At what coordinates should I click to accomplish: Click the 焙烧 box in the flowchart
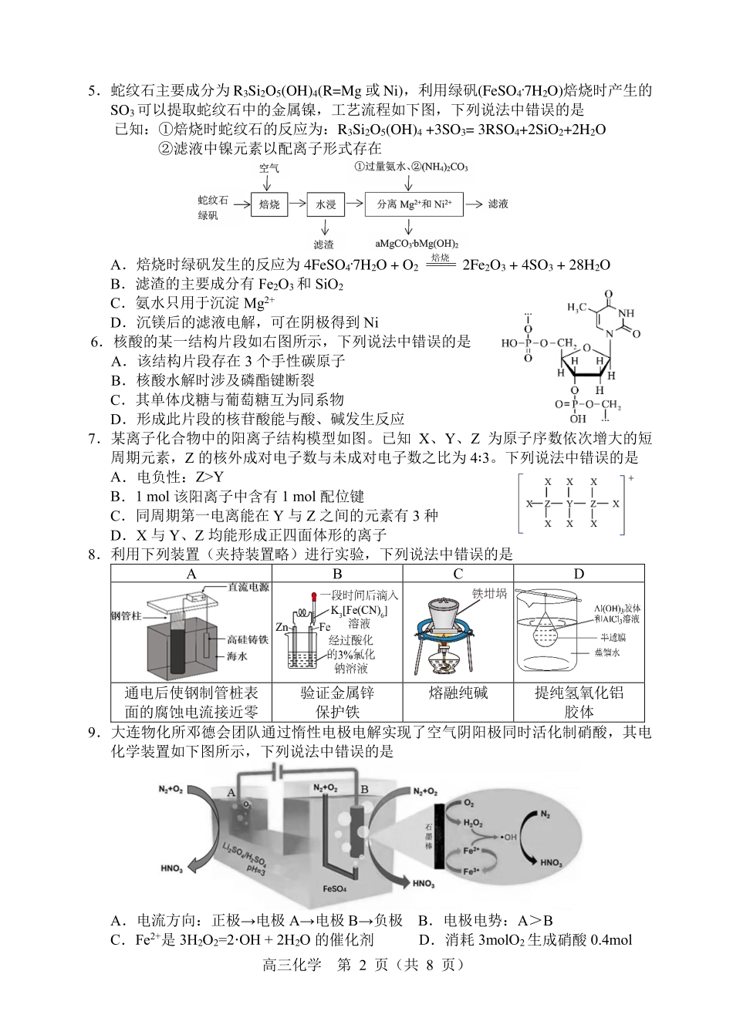[269, 204]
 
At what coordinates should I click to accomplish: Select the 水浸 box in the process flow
[326, 204]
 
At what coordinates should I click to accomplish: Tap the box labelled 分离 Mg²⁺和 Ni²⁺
[414, 204]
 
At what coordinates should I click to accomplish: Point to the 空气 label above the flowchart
[269, 167]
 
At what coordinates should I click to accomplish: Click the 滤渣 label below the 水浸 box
[323, 244]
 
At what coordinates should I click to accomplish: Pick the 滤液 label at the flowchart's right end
[498, 204]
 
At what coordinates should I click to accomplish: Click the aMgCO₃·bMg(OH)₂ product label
[417, 244]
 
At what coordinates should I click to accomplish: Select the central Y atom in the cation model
[569, 504]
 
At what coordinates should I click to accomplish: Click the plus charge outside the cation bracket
[631, 478]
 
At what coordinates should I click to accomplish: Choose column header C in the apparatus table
[458, 573]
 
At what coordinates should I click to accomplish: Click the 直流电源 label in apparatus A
[248, 587]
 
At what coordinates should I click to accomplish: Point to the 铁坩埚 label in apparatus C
[489, 594]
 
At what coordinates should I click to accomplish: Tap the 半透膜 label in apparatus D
[613, 638]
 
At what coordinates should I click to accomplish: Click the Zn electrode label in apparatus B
[282, 627]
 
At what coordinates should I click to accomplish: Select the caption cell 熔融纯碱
[458, 693]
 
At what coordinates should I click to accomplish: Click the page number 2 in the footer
[363, 964]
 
